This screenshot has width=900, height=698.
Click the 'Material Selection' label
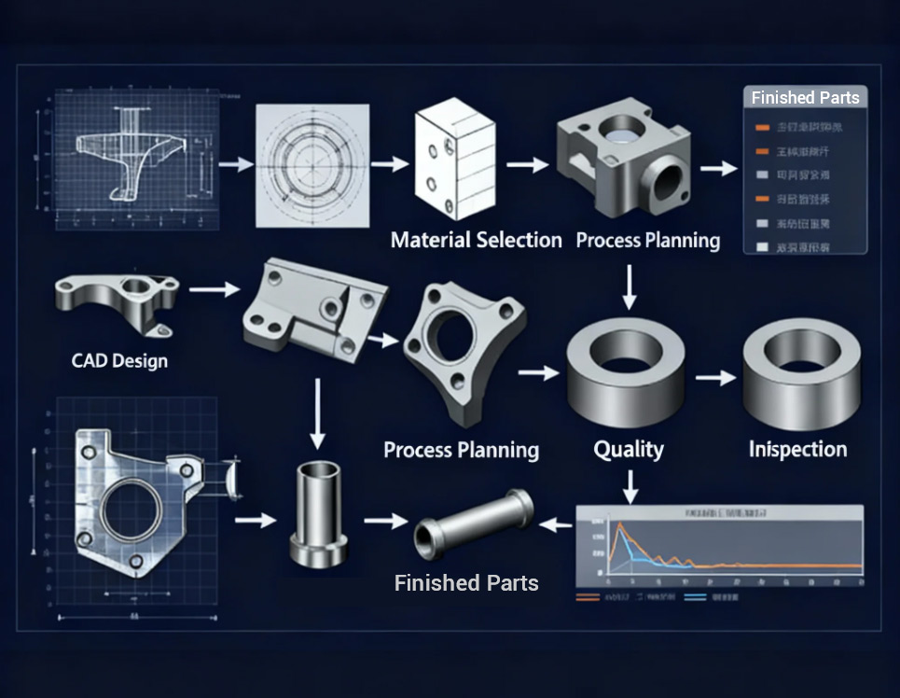476,240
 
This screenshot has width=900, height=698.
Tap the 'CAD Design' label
119,359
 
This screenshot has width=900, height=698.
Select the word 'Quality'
629,449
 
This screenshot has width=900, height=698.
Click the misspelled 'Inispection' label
797,449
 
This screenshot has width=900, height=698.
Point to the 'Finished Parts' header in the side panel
805,98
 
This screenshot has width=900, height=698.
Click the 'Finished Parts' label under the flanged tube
466,583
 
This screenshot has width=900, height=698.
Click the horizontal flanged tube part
473,523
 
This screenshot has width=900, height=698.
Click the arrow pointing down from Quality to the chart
630,486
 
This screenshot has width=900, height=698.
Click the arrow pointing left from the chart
557,525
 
